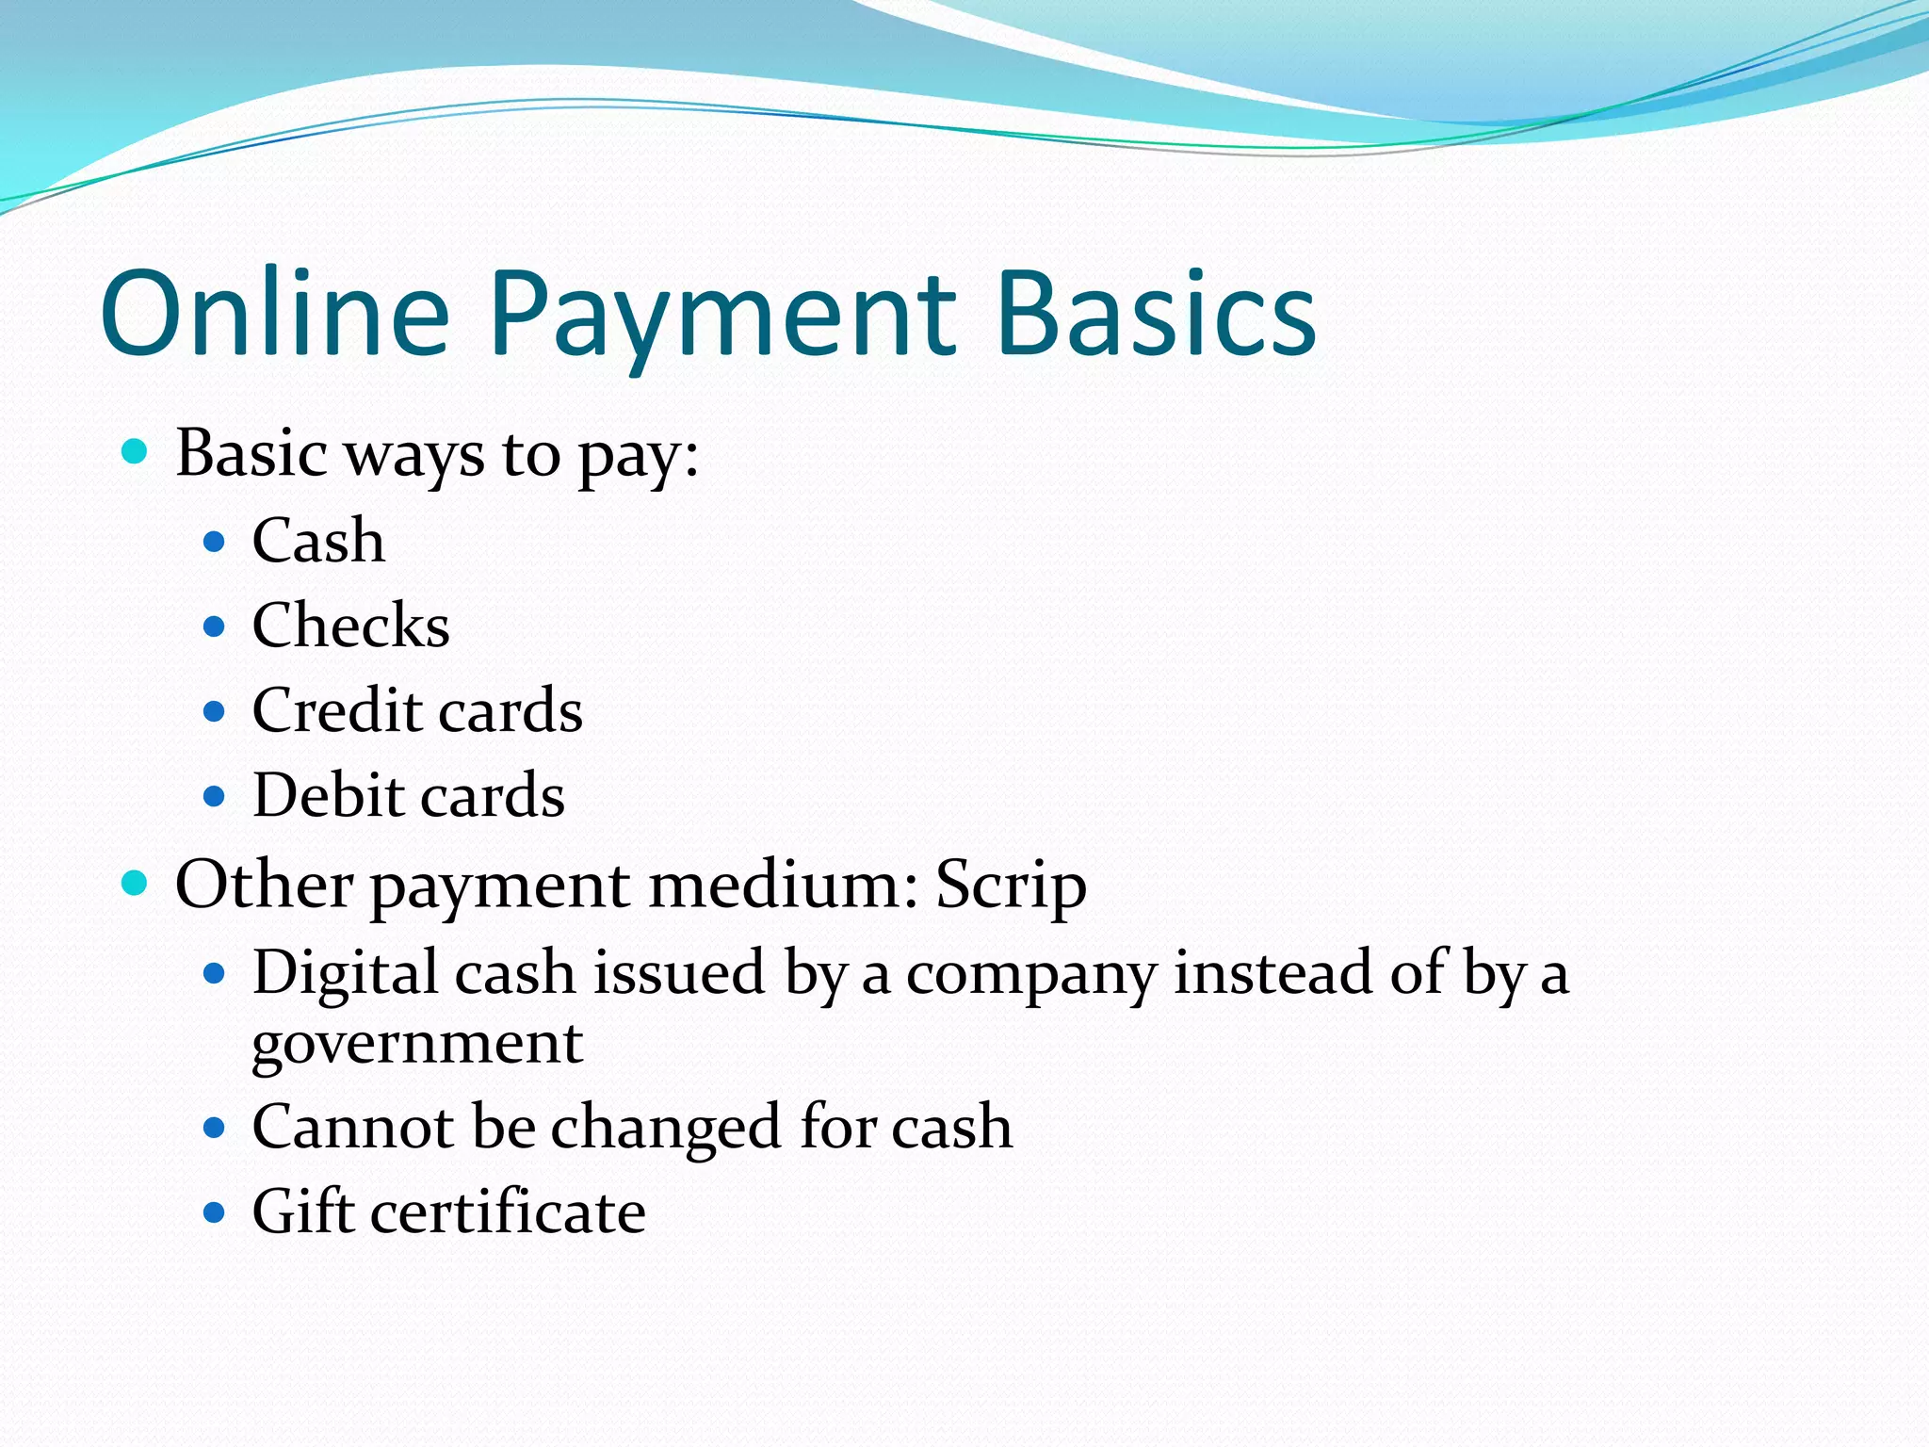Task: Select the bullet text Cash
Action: click(318, 541)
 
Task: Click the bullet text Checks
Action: click(350, 626)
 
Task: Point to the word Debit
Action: click(328, 795)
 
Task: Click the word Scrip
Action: click(1011, 886)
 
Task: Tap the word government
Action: click(417, 1044)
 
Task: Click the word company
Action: click(1031, 974)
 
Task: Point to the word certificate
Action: click(508, 1211)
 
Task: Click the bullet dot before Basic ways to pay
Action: click(136, 452)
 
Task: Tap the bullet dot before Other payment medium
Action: click(136, 884)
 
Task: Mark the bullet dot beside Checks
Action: click(215, 626)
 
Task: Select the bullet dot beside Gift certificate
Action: click(215, 1211)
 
